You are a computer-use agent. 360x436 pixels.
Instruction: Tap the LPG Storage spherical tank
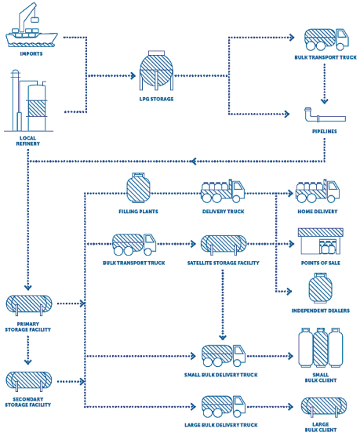pyautogui.click(x=156, y=71)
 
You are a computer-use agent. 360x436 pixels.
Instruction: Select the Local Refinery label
pyautogui.click(x=27, y=141)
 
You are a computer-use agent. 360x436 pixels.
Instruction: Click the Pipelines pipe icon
pyautogui.click(x=325, y=115)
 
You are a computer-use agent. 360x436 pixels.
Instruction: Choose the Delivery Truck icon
pyautogui.click(x=223, y=191)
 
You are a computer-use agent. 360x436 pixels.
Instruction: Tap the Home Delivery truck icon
pyautogui.click(x=318, y=191)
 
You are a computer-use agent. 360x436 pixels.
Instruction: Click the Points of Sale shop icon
pyautogui.click(x=321, y=242)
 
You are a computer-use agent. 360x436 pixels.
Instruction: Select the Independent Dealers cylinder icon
pyautogui.click(x=320, y=288)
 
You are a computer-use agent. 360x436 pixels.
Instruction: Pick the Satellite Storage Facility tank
pyautogui.click(x=224, y=245)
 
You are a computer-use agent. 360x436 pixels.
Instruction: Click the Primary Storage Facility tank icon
pyautogui.click(x=29, y=305)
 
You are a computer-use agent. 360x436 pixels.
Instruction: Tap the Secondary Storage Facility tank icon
pyautogui.click(x=29, y=381)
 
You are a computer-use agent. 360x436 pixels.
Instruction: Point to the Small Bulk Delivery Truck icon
pyautogui.click(x=224, y=356)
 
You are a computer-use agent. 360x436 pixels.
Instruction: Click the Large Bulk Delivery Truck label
pyautogui.click(x=221, y=425)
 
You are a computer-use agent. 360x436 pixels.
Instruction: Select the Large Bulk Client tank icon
pyautogui.click(x=324, y=407)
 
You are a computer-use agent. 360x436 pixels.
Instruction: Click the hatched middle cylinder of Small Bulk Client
pyautogui.click(x=321, y=347)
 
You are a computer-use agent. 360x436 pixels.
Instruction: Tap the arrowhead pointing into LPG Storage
pyautogui.click(x=133, y=75)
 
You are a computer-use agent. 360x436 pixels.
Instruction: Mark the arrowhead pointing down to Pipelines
pyautogui.click(x=325, y=101)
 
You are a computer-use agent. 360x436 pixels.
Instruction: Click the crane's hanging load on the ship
pyautogui.click(x=35, y=20)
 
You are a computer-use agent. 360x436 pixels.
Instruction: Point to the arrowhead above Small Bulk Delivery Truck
pyautogui.click(x=223, y=337)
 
